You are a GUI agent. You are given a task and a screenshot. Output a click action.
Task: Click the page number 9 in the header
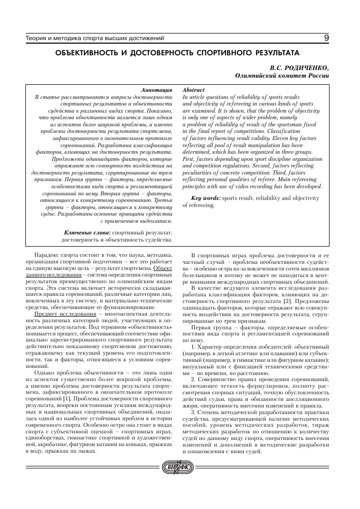tap(326, 38)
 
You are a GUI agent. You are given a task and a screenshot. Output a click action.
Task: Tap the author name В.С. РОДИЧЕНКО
tap(301, 67)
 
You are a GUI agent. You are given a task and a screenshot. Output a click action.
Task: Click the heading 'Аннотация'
tap(157, 89)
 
